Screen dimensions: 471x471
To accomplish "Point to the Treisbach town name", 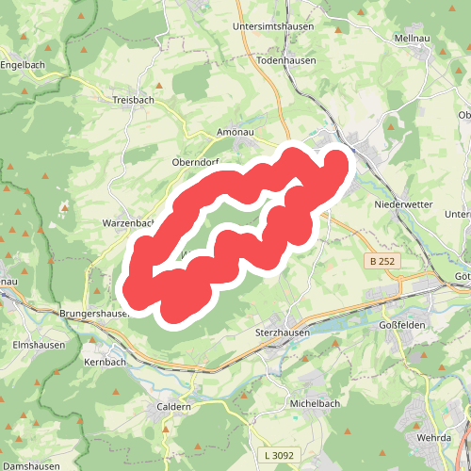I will click(133, 100).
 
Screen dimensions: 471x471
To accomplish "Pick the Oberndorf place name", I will click(195, 162).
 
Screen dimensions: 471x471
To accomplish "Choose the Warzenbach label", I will click(128, 223).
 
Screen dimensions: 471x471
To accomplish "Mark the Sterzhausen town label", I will click(283, 333).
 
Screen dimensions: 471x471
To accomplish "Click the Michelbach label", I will click(315, 403).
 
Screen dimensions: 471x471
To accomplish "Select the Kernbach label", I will click(105, 362).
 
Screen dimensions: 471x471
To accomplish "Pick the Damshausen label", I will click(30, 465).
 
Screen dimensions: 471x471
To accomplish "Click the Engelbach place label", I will click(24, 65).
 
